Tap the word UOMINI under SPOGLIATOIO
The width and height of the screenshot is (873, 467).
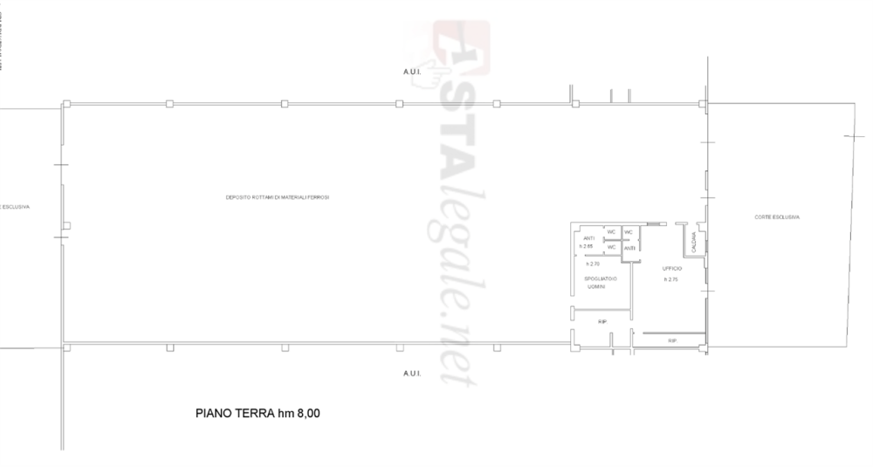[596, 286]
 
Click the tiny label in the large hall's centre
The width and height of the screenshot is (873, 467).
[278, 197]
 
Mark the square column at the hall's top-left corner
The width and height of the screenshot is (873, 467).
[66, 105]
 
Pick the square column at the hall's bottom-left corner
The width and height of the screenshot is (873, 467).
[66, 347]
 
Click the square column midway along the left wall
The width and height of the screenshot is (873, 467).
[67, 225]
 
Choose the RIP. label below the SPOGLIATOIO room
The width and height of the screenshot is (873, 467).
[602, 322]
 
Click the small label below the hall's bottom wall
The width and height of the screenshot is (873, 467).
[411, 373]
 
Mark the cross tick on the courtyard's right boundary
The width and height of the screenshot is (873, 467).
[851, 136]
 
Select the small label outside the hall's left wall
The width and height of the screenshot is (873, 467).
[16, 208]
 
